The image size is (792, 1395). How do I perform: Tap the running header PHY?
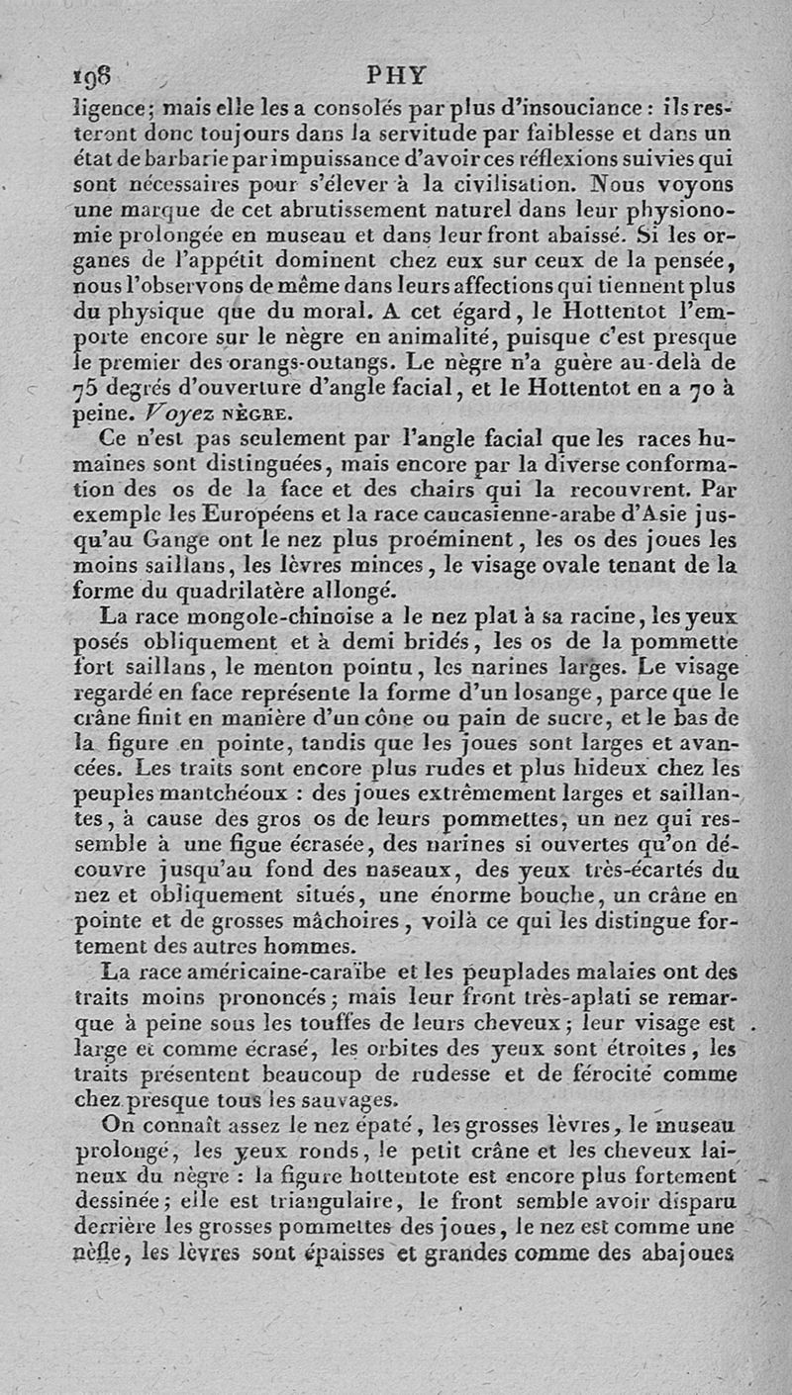(395, 75)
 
